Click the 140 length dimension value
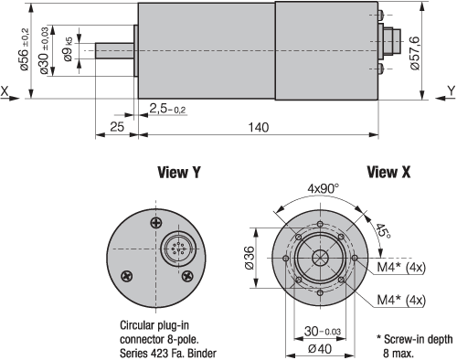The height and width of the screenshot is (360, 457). pos(259,127)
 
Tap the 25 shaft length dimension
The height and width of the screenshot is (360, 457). pos(117,127)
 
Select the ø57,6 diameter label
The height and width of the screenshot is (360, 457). pos(415,53)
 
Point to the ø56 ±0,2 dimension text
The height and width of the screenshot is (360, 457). pos(25,49)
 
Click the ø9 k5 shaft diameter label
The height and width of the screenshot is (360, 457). pos(69,49)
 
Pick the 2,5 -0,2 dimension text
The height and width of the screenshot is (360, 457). pos(167,109)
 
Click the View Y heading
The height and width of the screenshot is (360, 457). pos(179,172)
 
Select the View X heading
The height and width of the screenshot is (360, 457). pos(388,172)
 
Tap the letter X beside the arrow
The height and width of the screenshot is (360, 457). pos(5,91)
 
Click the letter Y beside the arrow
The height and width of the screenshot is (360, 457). pos(452,90)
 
